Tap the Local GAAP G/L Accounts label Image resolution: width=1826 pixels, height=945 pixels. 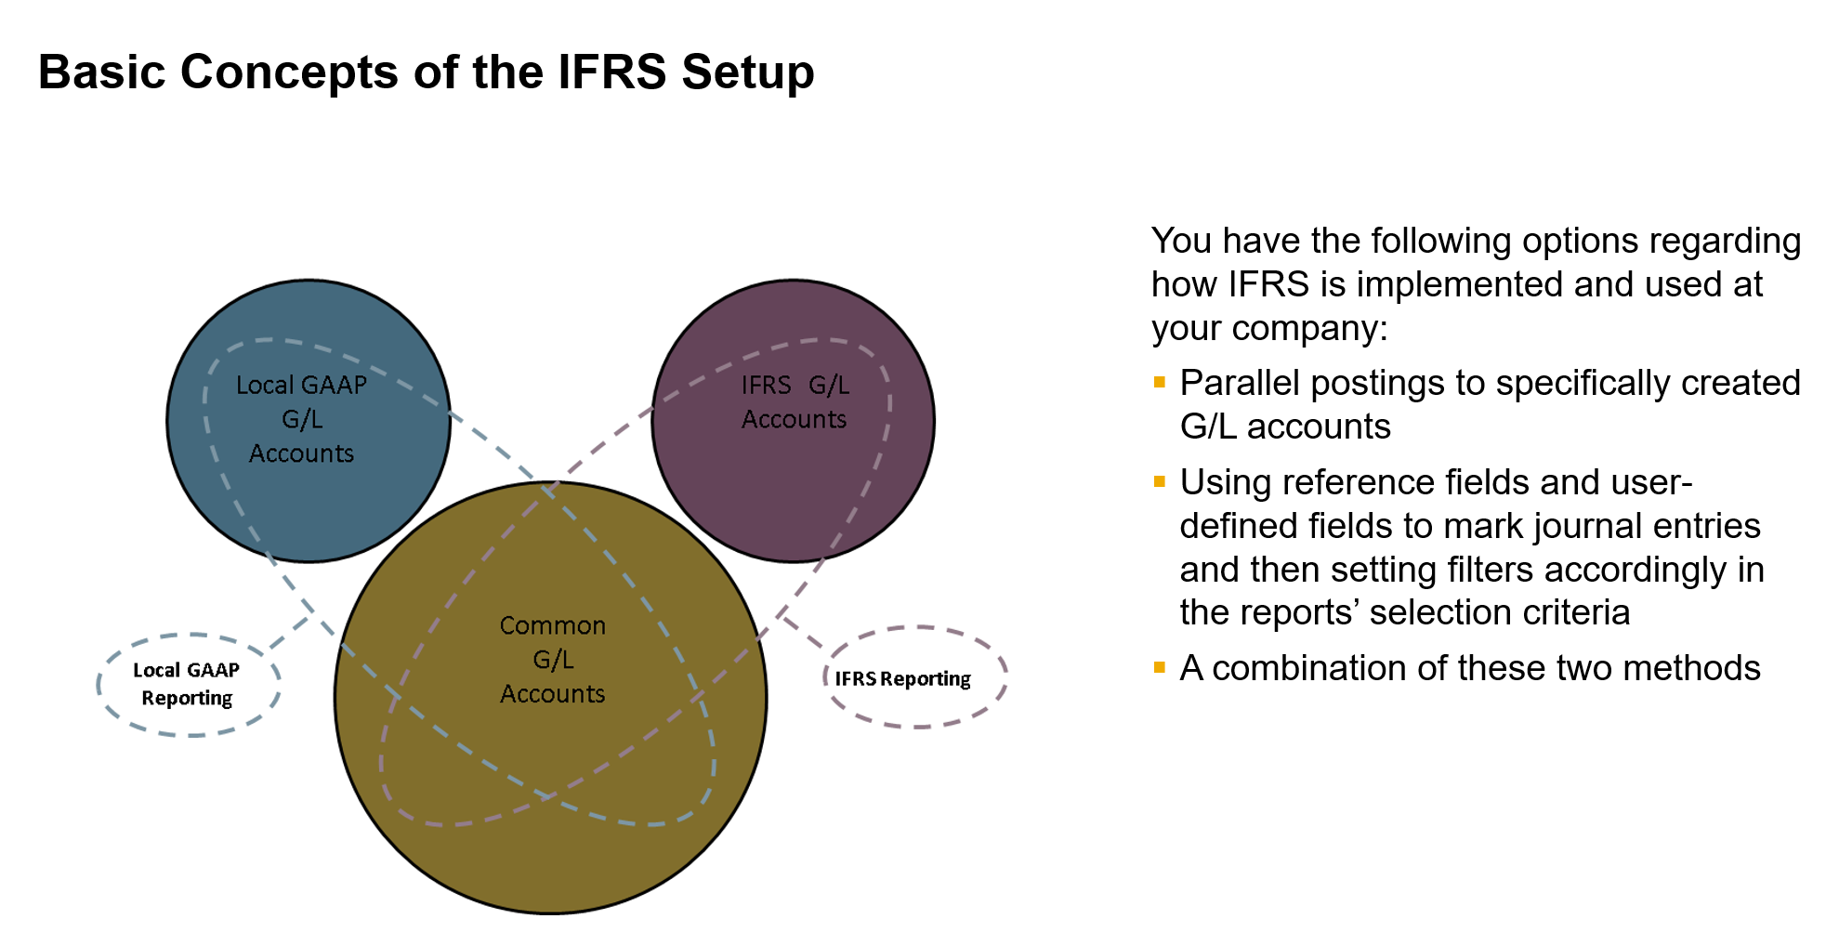pos(301,419)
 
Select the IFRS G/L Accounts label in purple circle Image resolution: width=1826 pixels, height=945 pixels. pos(795,402)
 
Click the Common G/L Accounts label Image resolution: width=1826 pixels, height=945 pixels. pos(552,660)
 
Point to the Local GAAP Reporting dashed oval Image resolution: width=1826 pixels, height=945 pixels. pos(188,685)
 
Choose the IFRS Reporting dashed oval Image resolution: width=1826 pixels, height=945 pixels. pos(914,677)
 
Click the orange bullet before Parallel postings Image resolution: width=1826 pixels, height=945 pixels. pos(1159,382)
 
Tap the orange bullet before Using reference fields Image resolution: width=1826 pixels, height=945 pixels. pos(1159,481)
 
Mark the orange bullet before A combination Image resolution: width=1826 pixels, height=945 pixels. pos(1159,667)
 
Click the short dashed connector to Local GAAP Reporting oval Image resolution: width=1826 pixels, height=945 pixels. pos(290,632)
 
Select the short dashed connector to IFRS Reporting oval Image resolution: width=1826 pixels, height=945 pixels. pos(801,631)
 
